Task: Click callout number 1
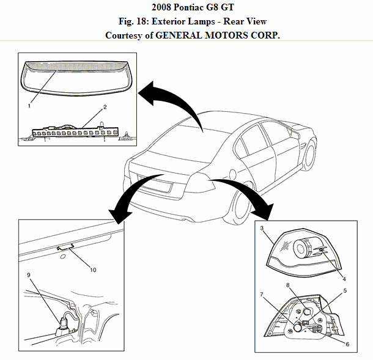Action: [29, 106]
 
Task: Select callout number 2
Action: [105, 107]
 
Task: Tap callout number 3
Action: [262, 228]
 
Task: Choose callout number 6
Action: [347, 345]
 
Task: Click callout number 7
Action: [262, 295]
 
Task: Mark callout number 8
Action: [287, 285]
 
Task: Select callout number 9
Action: [28, 275]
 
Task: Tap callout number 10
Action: [93, 270]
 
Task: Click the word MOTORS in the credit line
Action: [229, 35]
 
